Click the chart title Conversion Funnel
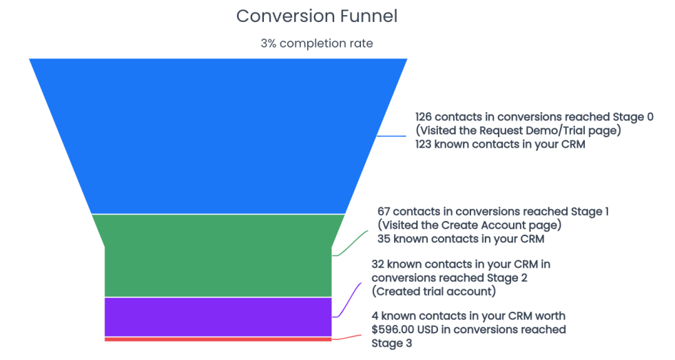click(x=317, y=16)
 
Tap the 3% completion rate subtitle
click(x=317, y=43)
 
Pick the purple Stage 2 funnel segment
click(x=218, y=317)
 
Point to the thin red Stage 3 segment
click(x=218, y=339)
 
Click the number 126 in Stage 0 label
click(x=425, y=117)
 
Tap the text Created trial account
click(x=434, y=291)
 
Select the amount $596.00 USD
click(x=413, y=329)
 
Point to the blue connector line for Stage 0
click(x=392, y=136)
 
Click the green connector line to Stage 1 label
click(x=351, y=242)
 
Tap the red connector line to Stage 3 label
click(x=348, y=337)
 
